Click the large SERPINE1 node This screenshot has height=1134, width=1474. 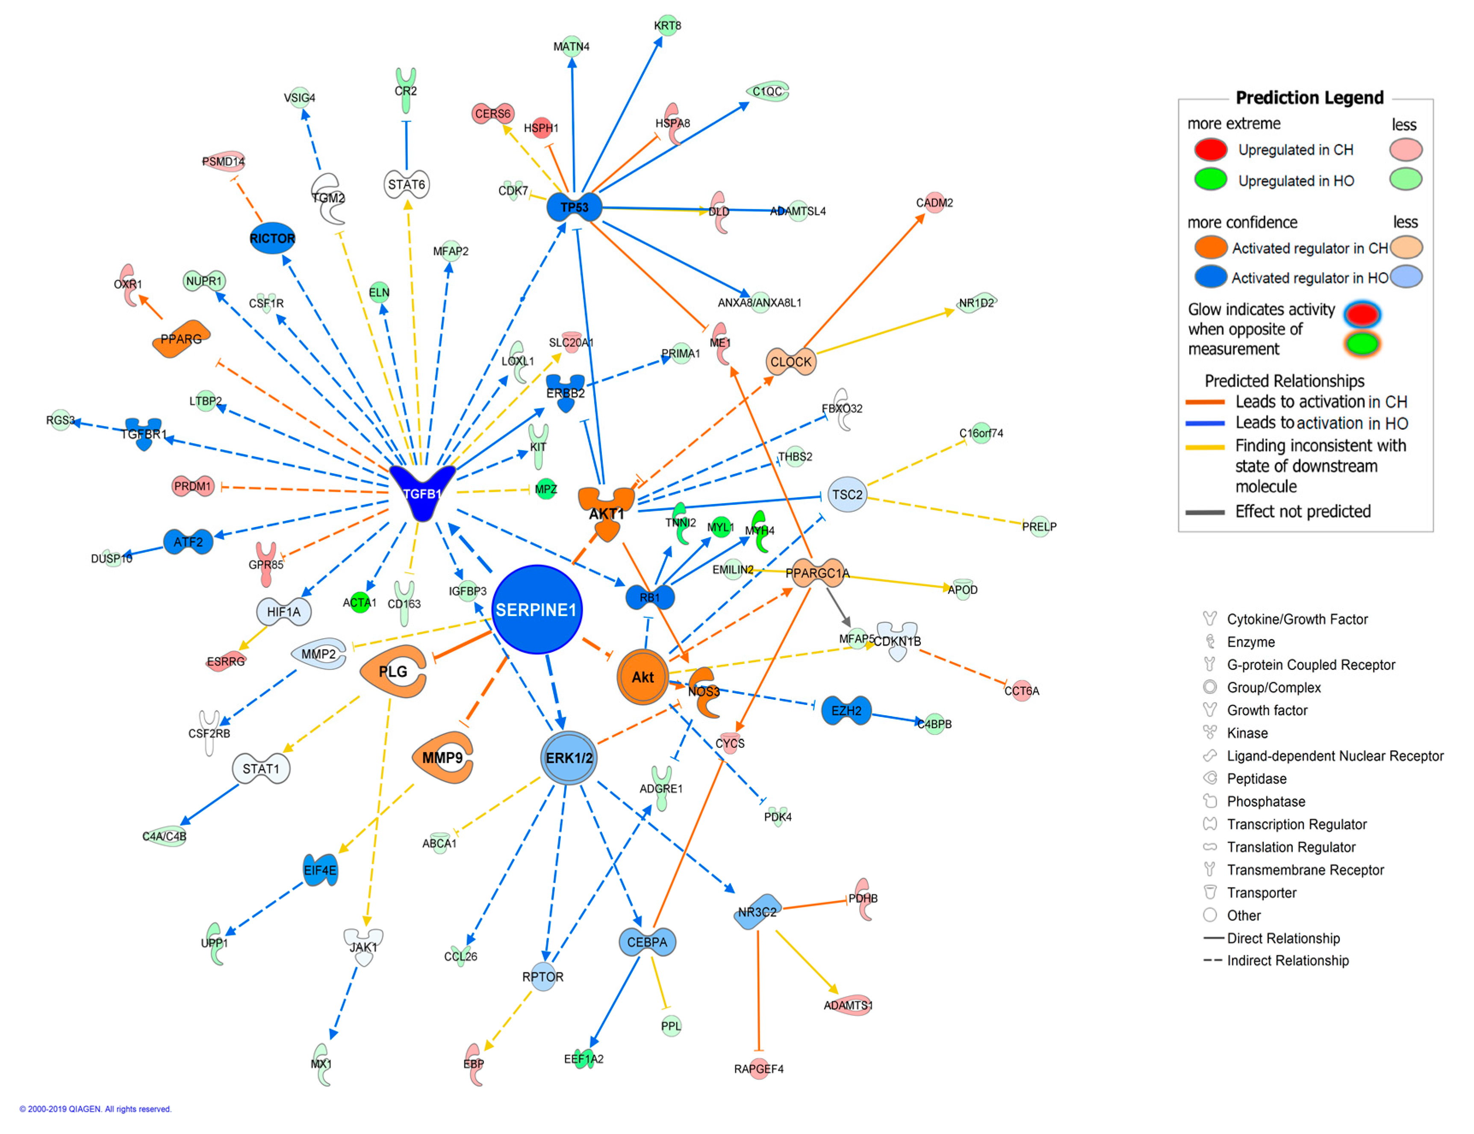tap(537, 610)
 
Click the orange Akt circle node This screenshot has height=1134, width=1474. tap(642, 677)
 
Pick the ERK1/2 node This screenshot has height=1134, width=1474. tap(569, 758)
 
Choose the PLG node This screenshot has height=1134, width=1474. tap(393, 672)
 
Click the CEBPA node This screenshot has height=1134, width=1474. tap(646, 942)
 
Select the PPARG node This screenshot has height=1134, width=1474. tap(181, 339)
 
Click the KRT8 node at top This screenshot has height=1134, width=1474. tap(667, 26)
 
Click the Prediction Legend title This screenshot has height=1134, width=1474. tap(1309, 98)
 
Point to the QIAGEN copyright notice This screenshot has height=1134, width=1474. tap(95, 1109)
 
